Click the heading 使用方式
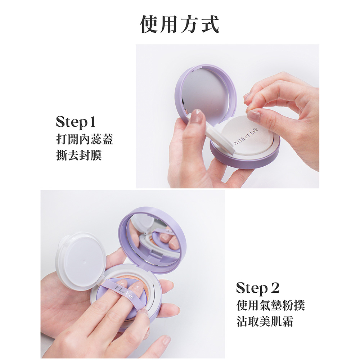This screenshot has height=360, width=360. (x=180, y=24)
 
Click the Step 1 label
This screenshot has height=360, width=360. (x=75, y=122)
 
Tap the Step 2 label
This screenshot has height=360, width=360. (x=258, y=288)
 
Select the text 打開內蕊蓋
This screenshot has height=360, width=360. (x=85, y=139)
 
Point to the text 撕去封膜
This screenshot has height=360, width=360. (x=79, y=155)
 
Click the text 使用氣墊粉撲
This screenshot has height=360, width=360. (x=270, y=305)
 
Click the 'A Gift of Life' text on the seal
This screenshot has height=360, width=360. (x=246, y=136)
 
